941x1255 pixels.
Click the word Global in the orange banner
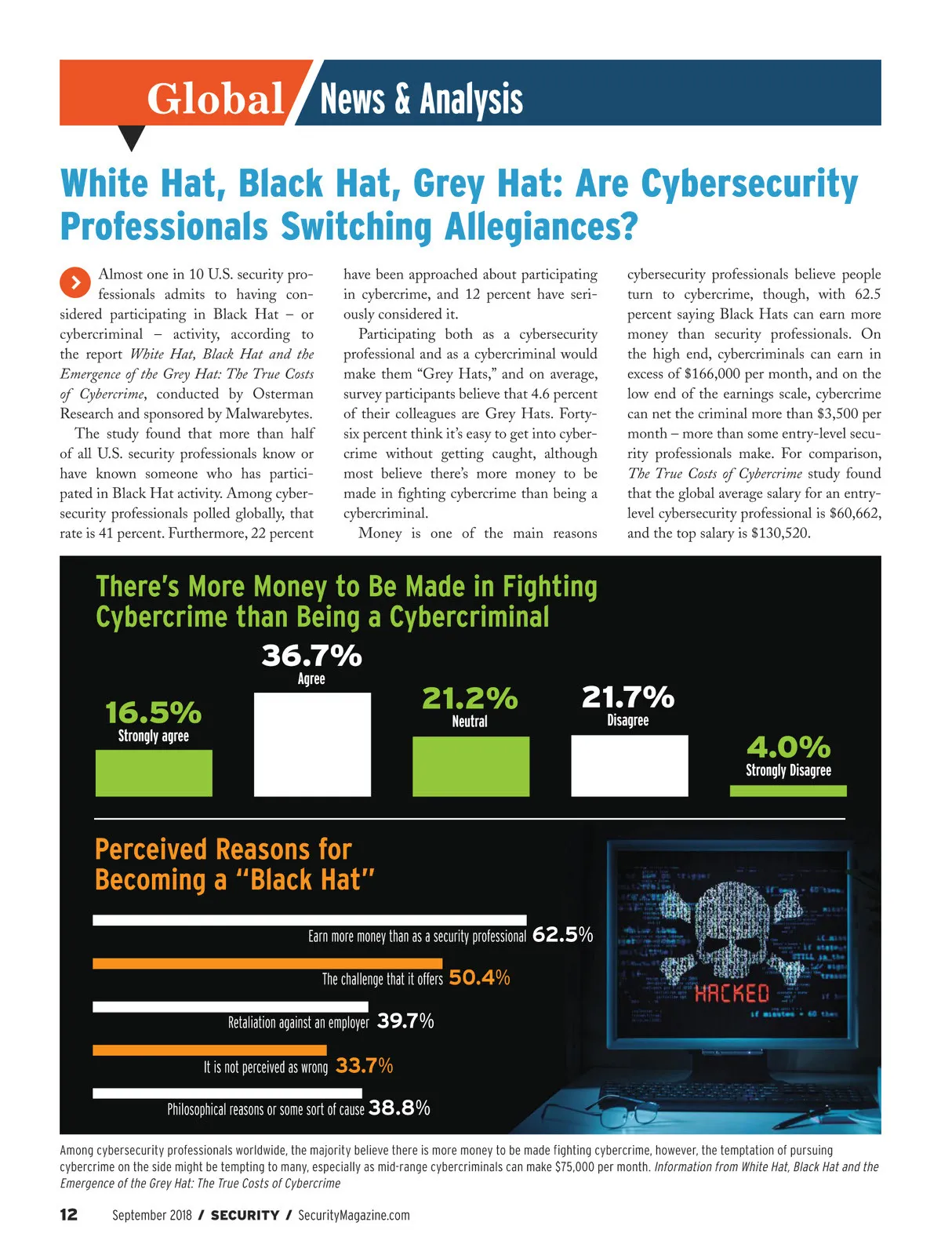tap(215, 100)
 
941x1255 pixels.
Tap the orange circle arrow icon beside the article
tap(74, 282)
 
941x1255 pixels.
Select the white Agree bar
tap(312, 744)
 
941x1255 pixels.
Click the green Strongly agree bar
tap(154, 773)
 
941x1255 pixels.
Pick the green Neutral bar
tap(470, 766)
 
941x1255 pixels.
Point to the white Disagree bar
tap(629, 766)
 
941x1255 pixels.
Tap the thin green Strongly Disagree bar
tap(788, 791)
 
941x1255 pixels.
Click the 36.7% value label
tap(311, 655)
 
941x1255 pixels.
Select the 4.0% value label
tap(788, 747)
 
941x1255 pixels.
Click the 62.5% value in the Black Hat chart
tap(562, 935)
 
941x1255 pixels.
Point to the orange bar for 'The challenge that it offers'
tap(267, 963)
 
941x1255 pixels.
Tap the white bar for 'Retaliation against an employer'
tap(230, 1006)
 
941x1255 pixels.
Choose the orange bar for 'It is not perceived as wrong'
tap(209, 1049)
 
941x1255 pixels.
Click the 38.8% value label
tap(399, 1108)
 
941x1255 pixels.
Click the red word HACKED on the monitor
tap(732, 994)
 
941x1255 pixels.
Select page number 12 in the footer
tap(69, 1215)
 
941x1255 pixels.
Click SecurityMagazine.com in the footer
tap(354, 1215)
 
